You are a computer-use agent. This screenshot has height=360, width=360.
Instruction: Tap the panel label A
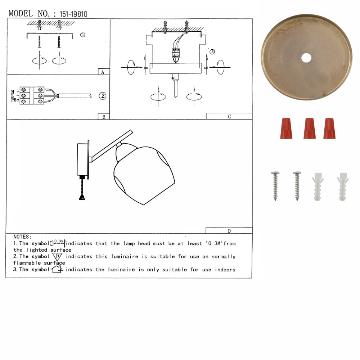[x=103, y=72]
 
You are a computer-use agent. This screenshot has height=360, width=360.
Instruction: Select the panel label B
[x=103, y=117]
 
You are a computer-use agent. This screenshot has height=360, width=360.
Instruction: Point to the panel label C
[x=229, y=117]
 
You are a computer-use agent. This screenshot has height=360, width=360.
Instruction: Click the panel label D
[x=229, y=231]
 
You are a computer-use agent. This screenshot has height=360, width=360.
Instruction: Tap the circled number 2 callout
[x=103, y=96]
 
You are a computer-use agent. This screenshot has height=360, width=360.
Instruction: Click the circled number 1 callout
[x=82, y=35]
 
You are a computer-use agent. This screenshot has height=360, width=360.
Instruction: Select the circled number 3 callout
[x=212, y=51]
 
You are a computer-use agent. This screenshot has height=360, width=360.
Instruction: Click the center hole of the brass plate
[x=306, y=57]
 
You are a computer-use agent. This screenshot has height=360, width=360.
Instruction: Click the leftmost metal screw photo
[x=275, y=185]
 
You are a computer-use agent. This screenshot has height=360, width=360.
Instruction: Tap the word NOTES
[x=22, y=237]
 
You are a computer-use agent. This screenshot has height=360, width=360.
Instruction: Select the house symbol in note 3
[x=57, y=270]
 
